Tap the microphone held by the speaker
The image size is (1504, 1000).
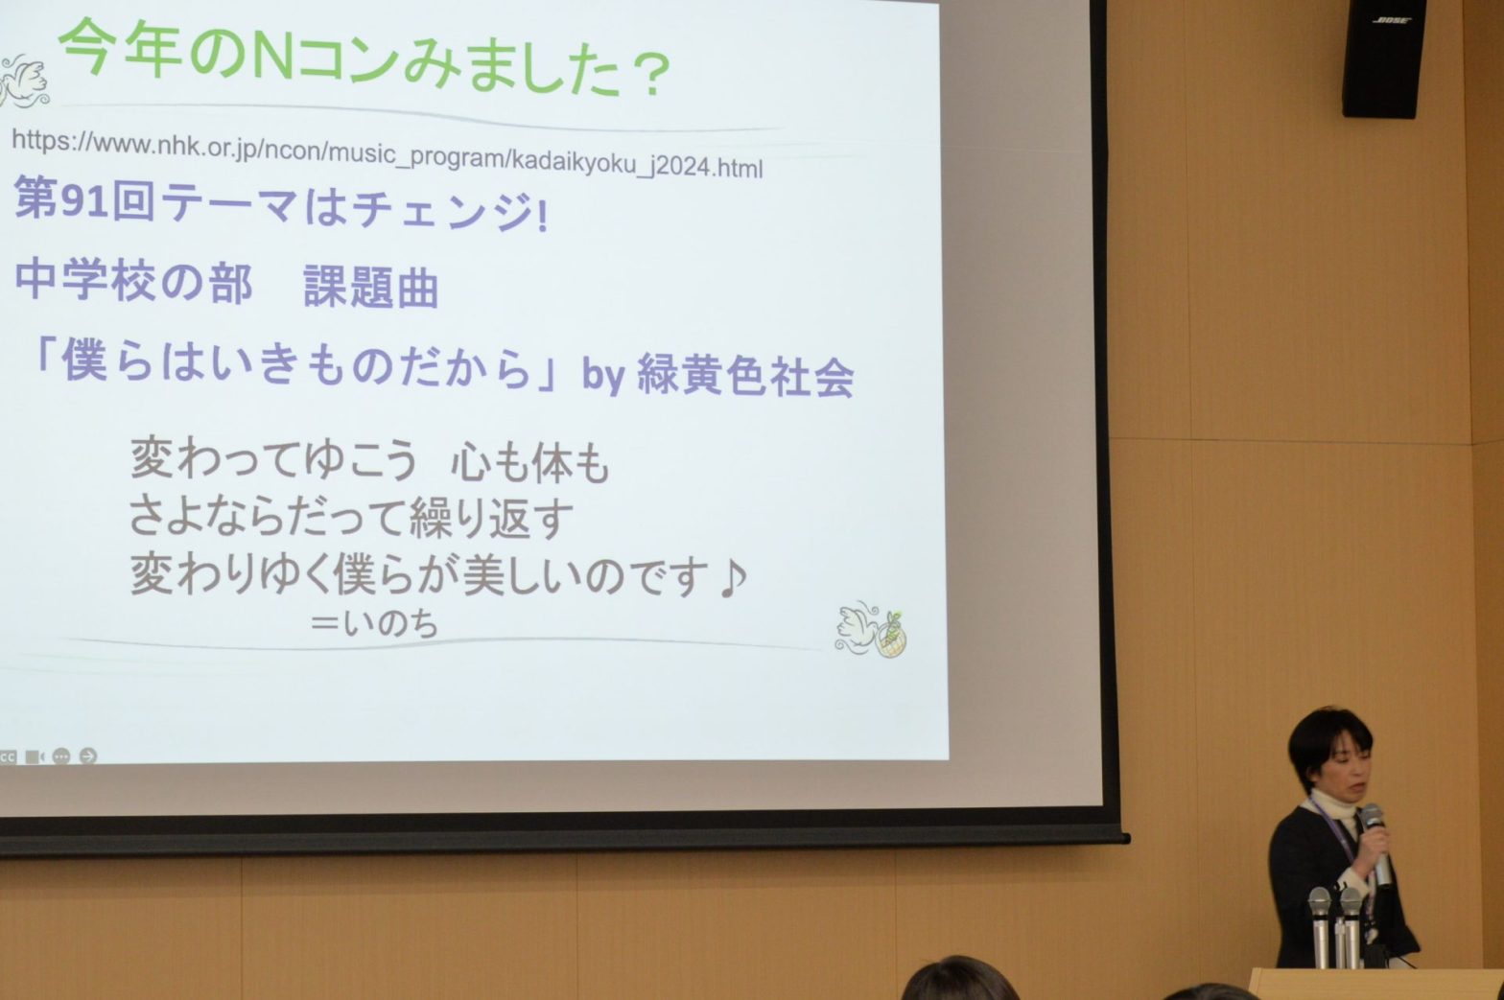[1376, 845]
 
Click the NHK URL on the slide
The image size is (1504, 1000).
[388, 153]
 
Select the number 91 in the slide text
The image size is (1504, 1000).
[83, 200]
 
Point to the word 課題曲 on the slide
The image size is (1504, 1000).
[370, 287]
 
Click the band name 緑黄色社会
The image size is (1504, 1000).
[745, 376]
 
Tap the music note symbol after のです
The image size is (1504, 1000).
[732, 578]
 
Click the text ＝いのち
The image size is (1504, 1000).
[374, 623]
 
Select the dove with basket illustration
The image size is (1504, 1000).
[870, 630]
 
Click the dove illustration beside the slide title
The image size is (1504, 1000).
[23, 81]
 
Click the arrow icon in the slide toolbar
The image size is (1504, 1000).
[88, 756]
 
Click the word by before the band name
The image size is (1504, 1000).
[603, 376]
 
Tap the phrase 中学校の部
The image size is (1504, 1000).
[133, 281]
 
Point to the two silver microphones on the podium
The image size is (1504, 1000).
[1335, 927]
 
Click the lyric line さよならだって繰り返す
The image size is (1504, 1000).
[350, 518]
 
